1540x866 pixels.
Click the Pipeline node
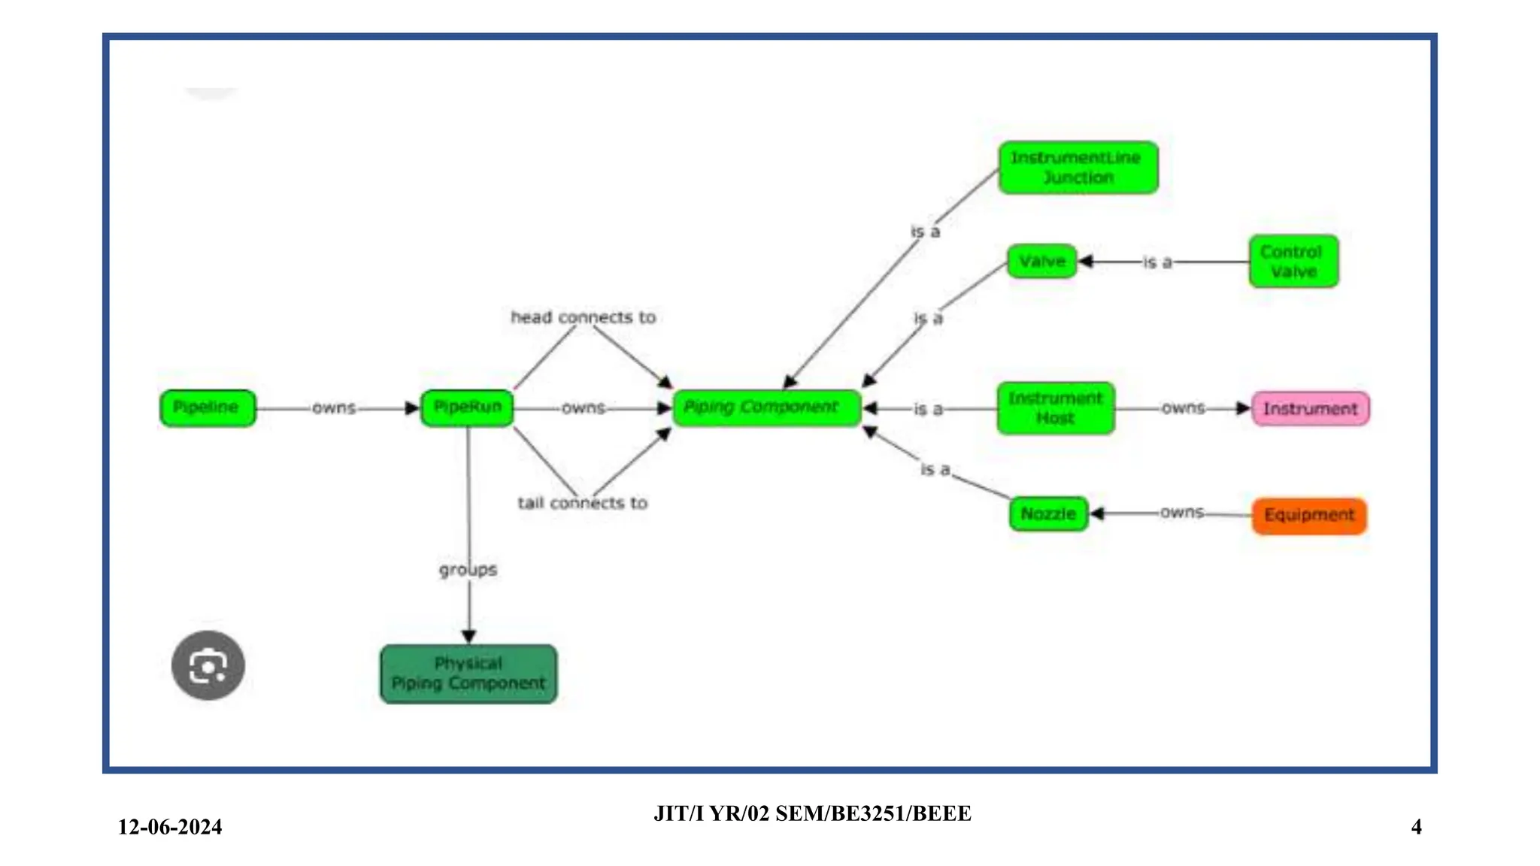pyautogui.click(x=208, y=408)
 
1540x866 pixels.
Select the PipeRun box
pyautogui.click(x=467, y=408)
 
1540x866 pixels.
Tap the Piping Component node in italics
pyautogui.click(x=766, y=408)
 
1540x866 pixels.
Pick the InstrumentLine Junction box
pyautogui.click(x=1078, y=168)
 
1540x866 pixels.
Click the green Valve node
pyautogui.click(x=1041, y=262)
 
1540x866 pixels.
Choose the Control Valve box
pyautogui.click(x=1293, y=262)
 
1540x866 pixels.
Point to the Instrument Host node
pyautogui.click(x=1055, y=408)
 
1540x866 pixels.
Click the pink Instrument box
pyautogui.click(x=1310, y=409)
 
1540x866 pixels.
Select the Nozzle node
pyautogui.click(x=1048, y=514)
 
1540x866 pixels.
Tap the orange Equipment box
pyautogui.click(x=1308, y=516)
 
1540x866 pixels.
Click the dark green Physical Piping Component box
pyautogui.click(x=468, y=674)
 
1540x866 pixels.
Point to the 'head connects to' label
pyautogui.click(x=583, y=317)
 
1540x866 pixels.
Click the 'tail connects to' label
pyautogui.click(x=582, y=503)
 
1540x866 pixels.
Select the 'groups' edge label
pyautogui.click(x=468, y=570)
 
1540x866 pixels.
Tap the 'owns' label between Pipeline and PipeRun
pyautogui.click(x=333, y=408)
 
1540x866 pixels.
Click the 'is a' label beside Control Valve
pyautogui.click(x=1157, y=262)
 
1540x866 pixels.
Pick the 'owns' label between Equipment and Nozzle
pyautogui.click(x=1181, y=513)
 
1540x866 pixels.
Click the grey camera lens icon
pyautogui.click(x=208, y=665)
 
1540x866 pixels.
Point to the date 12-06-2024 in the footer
pyautogui.click(x=170, y=827)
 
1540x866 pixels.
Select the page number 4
pyautogui.click(x=1416, y=827)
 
